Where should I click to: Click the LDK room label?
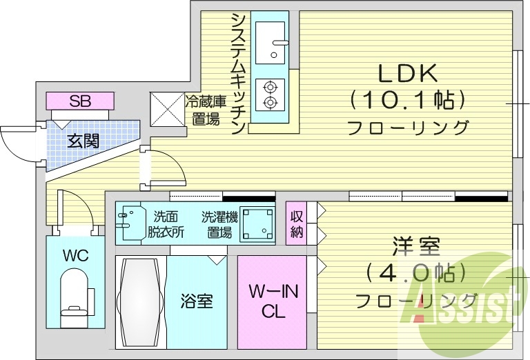tap(407, 72)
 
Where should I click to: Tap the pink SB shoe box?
tap(79, 101)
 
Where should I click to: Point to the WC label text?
tap(75, 256)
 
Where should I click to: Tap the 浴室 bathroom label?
tap(196, 301)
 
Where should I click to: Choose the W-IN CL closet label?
tap(273, 301)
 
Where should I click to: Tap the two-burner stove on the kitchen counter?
tap(270, 95)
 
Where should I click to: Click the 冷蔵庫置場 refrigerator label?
tap(205, 110)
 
